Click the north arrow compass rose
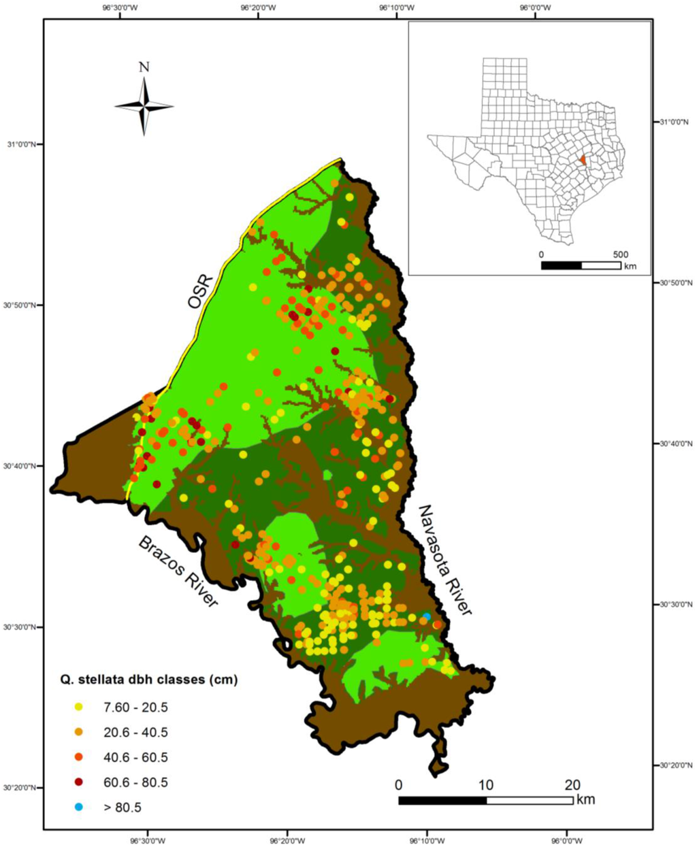144,106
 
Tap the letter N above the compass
144,67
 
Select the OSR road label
200,293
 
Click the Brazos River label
179,571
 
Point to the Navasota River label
444,559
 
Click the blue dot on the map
427,616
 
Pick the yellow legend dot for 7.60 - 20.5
79,707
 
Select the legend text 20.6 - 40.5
135,733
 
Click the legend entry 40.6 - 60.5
135,757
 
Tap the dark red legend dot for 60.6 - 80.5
79,782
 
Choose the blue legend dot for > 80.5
79,807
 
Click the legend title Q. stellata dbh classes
146,679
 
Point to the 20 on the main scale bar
572,785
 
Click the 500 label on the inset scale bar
620,254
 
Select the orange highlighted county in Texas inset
583,161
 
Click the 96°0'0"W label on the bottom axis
566,841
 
